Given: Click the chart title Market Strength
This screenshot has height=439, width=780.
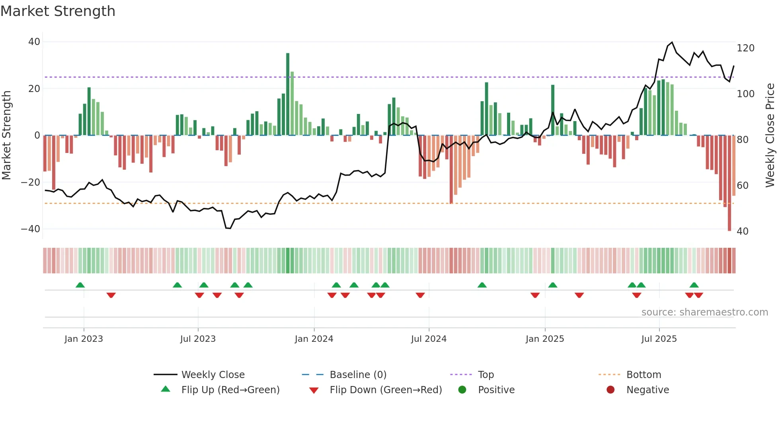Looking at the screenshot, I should click(58, 11).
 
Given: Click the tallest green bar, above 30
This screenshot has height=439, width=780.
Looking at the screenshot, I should click(288, 94).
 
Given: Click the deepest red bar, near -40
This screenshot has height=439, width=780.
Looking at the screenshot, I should click(729, 183).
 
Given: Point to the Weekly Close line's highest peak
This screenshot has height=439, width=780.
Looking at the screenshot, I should click(672, 42).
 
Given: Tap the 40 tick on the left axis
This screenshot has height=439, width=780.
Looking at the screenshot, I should click(34, 42).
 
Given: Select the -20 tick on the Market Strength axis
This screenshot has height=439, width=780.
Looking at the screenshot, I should click(31, 182).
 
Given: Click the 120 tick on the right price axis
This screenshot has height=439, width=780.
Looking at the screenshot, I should click(745, 48).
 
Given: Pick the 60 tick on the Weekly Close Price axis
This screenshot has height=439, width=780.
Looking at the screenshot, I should click(743, 186).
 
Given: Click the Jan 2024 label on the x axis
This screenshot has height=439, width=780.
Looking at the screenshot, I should click(314, 339).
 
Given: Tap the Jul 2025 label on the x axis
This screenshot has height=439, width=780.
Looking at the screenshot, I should click(659, 339).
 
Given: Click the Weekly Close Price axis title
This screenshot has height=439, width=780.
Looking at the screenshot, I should click(770, 135).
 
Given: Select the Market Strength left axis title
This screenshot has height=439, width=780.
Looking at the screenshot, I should click(6, 135).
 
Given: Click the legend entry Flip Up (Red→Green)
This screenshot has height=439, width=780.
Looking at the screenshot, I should click(230, 390).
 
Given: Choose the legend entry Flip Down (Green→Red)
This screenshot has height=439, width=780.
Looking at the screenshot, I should click(386, 390).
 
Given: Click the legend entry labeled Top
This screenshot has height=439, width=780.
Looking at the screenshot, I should click(486, 375).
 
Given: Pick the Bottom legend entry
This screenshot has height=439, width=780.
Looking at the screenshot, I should click(643, 375).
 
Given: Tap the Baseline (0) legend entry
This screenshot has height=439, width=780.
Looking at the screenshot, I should click(358, 375).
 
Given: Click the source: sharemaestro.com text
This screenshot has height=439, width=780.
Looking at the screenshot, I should click(704, 312).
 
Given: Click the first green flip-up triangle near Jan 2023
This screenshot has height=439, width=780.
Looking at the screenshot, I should click(80, 285).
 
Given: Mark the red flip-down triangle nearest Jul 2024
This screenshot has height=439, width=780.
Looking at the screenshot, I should click(420, 295).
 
